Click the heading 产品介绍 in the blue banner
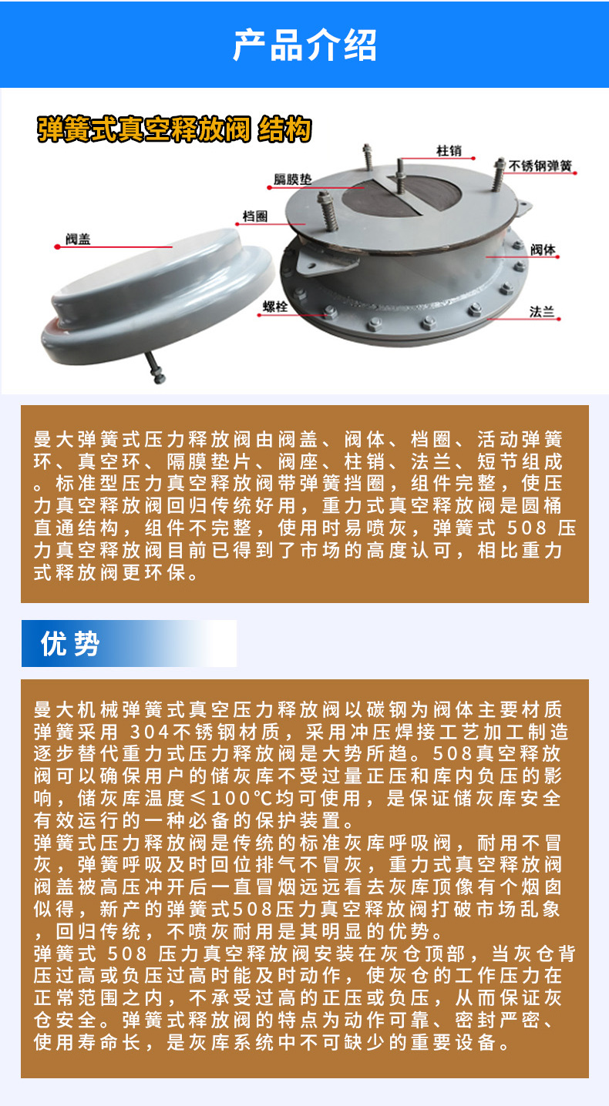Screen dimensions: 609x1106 tap(304, 45)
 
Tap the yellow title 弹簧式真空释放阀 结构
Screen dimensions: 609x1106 tap(174, 130)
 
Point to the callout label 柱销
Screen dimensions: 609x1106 tap(449, 151)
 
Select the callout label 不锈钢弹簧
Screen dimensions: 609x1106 tap(540, 166)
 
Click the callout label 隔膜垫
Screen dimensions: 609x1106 tap(293, 179)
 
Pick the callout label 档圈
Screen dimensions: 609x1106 tap(255, 216)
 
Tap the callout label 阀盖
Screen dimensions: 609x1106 tap(79, 240)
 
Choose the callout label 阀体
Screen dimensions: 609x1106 tap(543, 250)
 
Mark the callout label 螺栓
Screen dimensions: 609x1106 tap(275, 307)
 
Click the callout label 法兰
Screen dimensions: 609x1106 tap(542, 312)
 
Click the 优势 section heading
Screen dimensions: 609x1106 tap(70, 643)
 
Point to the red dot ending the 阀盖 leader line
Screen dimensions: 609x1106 tap(57, 247)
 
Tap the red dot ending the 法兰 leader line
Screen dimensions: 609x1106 tap(559, 319)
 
